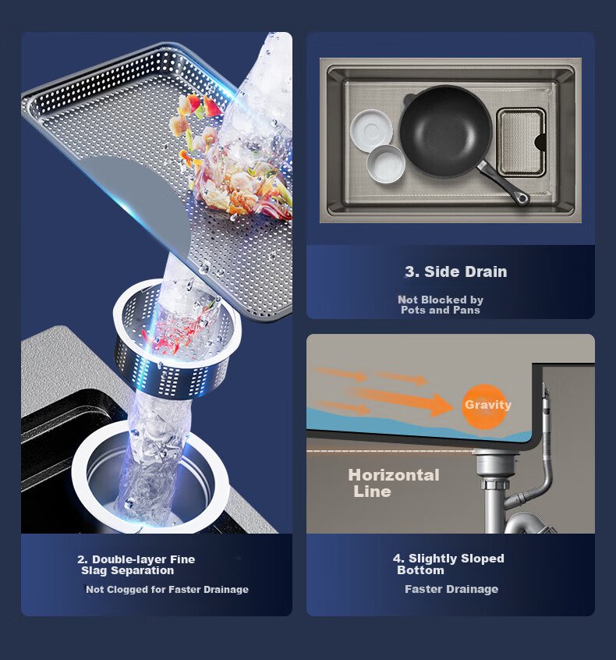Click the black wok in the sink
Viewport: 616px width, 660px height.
pyautogui.click(x=446, y=131)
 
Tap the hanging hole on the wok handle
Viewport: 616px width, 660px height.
pyautogui.click(x=522, y=198)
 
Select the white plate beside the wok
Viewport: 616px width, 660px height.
pyautogui.click(x=371, y=130)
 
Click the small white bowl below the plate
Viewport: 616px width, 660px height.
pyautogui.click(x=386, y=164)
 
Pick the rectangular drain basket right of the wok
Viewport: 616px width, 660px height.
pyautogui.click(x=522, y=142)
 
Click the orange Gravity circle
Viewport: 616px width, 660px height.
pyautogui.click(x=484, y=406)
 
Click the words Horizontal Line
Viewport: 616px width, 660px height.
pyautogui.click(x=394, y=483)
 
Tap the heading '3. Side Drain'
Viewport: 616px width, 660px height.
pyautogui.click(x=455, y=271)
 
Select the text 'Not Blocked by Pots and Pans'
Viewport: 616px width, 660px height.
pyautogui.click(x=441, y=305)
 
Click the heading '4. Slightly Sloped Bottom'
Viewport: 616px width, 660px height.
pyautogui.click(x=448, y=564)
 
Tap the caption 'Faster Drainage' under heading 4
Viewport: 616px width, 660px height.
pyautogui.click(x=451, y=589)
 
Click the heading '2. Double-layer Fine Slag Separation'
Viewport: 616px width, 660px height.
pyautogui.click(x=136, y=565)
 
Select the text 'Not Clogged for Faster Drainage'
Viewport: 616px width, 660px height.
pyautogui.click(x=167, y=589)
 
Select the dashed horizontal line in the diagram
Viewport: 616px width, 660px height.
pyautogui.click(x=391, y=451)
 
